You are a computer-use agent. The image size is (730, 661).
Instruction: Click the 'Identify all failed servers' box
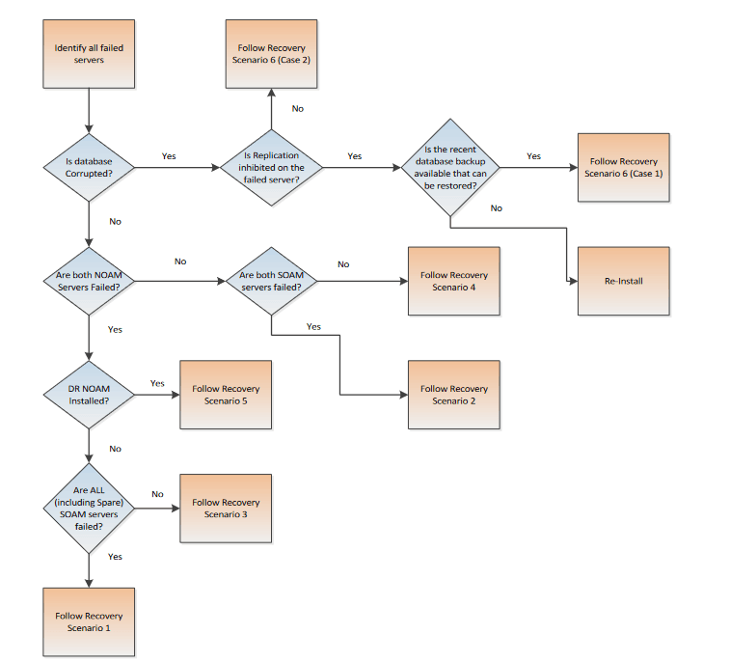[x=89, y=53]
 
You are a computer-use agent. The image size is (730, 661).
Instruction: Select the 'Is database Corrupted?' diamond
[x=89, y=167]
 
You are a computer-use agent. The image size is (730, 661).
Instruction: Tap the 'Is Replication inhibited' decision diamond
[x=271, y=167]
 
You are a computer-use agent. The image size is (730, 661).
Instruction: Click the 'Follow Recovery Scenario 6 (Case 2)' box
[x=271, y=53]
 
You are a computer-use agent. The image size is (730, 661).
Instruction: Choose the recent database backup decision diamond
[x=450, y=167]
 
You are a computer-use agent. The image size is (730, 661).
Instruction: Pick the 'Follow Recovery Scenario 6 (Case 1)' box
[x=624, y=167]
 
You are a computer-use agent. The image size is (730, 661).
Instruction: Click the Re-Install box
[x=624, y=281]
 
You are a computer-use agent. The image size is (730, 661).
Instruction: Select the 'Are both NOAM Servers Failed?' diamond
[x=89, y=281]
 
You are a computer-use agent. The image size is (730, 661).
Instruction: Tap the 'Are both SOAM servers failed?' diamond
[x=271, y=281]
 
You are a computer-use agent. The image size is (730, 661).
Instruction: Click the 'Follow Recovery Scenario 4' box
[x=453, y=281]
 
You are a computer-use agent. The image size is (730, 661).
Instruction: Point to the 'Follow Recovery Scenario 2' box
[x=453, y=395]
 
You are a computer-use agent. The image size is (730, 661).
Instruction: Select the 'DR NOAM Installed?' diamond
[x=89, y=395]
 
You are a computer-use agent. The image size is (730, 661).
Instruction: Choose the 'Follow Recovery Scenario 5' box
[x=226, y=395]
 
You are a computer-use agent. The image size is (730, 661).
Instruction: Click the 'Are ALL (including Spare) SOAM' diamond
[x=89, y=508]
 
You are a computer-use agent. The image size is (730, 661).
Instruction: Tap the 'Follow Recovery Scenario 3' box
[x=226, y=508]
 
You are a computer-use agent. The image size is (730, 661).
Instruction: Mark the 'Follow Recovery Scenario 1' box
[x=89, y=621]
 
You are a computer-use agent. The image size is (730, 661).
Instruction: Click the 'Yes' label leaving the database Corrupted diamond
[x=169, y=155]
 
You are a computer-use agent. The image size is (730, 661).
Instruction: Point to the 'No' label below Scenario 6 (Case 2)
[x=297, y=108]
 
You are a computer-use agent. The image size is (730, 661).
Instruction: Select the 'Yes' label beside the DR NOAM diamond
[x=157, y=383]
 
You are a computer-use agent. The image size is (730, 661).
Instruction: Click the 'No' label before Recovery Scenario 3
[x=157, y=494]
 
